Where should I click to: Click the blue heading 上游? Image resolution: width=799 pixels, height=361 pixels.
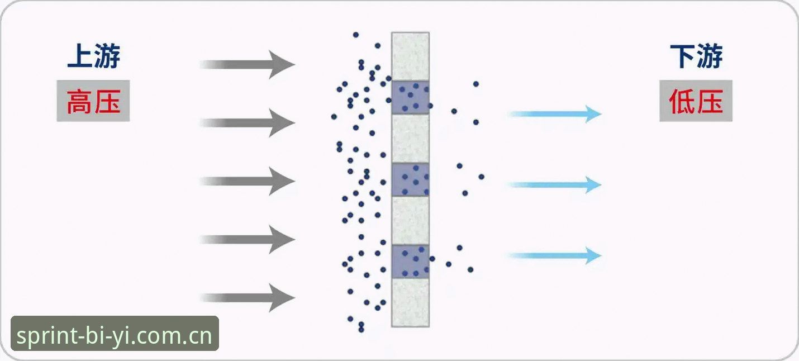click(94, 56)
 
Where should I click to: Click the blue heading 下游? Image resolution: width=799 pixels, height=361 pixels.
click(696, 56)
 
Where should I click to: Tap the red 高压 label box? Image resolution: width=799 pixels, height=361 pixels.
click(93, 101)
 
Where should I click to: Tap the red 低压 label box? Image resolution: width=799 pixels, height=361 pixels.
click(696, 101)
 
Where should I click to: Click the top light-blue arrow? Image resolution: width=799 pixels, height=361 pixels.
click(555, 114)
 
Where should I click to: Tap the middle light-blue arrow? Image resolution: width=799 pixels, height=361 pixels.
click(555, 185)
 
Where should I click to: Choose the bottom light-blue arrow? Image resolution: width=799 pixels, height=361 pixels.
click(555, 255)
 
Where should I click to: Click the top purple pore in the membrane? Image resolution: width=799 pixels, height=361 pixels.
click(410, 97)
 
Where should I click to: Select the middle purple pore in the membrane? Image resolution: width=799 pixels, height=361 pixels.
click(410, 179)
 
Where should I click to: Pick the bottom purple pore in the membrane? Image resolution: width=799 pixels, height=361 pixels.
click(410, 262)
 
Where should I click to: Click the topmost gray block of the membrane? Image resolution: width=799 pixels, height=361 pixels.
click(410, 56)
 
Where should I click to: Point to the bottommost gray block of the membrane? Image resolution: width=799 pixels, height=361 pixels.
click(410, 302)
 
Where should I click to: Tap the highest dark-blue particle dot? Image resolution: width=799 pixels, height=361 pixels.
click(355, 35)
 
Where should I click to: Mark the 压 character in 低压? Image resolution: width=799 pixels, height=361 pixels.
click(710, 101)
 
